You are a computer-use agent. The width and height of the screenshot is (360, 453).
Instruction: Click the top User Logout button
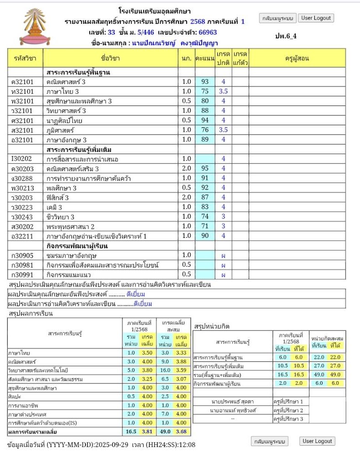pos(317,18)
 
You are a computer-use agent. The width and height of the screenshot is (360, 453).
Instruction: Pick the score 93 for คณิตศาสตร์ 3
pos(204,82)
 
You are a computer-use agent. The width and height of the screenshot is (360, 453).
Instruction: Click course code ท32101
pos(21,92)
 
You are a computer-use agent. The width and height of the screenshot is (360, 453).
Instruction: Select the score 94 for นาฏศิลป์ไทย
pos(204,120)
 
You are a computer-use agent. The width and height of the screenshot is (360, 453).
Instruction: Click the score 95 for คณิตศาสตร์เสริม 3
pos(204,168)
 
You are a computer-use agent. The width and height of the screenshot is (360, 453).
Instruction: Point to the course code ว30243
pos(21,216)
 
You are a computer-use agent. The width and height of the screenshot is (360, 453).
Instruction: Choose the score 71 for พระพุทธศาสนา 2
pos(204,226)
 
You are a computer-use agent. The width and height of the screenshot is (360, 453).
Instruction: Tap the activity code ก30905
pos(21,255)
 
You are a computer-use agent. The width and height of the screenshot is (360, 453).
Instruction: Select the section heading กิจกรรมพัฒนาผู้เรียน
pos(77,246)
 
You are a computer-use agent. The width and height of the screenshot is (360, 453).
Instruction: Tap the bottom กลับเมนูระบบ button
pos(270,442)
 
